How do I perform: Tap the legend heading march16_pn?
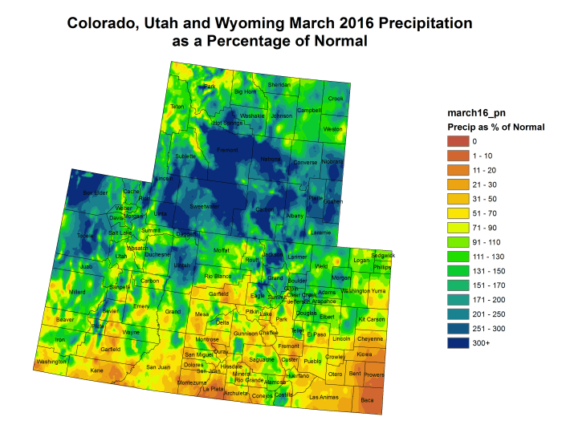coord(473,114)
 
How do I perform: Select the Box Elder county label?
coord(95,192)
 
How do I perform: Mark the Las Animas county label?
coord(324,397)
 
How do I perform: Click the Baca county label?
coord(367,400)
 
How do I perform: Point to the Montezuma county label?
coord(191,382)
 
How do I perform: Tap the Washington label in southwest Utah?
coord(51,362)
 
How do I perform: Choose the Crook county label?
coord(336,99)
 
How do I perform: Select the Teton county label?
coord(177,107)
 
